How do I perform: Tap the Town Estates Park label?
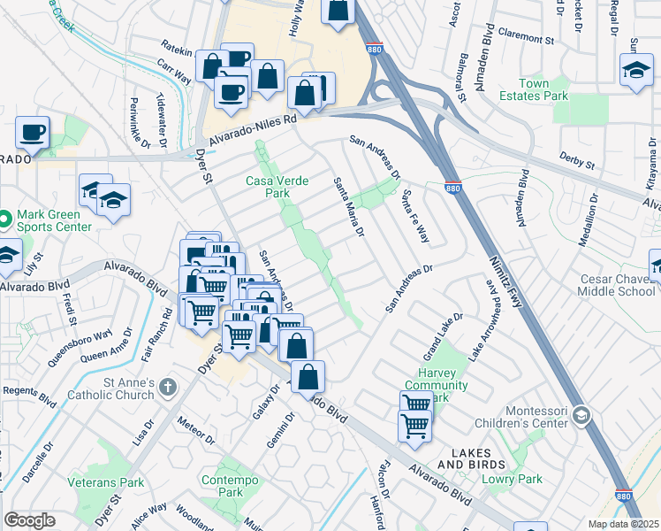pyautogui.click(x=543, y=90)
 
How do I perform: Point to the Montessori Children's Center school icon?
pyautogui.click(x=581, y=413)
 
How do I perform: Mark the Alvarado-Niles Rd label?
pyautogui.click(x=252, y=134)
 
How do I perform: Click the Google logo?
pyautogui.click(x=29, y=520)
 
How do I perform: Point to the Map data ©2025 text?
pyautogui.click(x=623, y=524)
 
